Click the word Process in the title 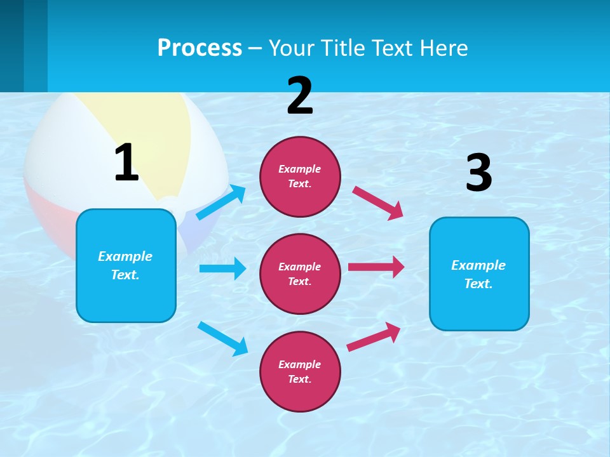pyautogui.click(x=200, y=48)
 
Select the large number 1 pyautogui.click(x=126, y=163)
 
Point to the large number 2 pyautogui.click(x=300, y=96)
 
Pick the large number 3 pyautogui.click(x=479, y=173)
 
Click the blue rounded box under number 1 pyautogui.click(x=126, y=265)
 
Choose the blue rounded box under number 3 pyautogui.click(x=479, y=274)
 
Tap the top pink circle pyautogui.click(x=300, y=176)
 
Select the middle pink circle pyautogui.click(x=300, y=274)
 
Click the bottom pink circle pyautogui.click(x=300, y=371)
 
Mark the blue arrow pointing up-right pyautogui.click(x=221, y=202)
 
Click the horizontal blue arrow pyautogui.click(x=222, y=268)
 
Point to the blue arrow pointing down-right pyautogui.click(x=222, y=338)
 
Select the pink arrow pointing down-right pyautogui.click(x=378, y=202)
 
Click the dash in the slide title pyautogui.click(x=255, y=48)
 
